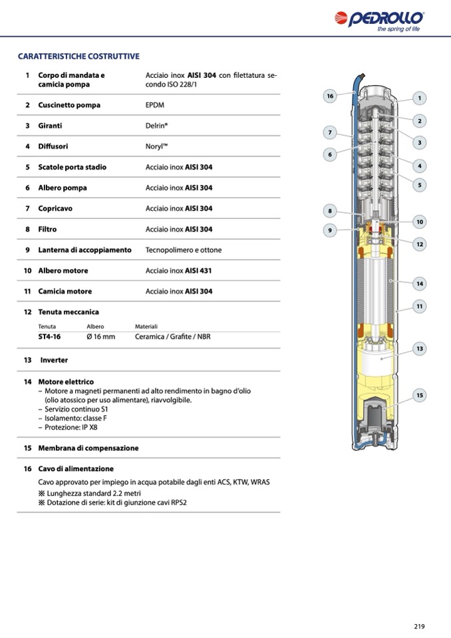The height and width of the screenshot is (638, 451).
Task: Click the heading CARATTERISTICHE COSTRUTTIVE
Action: (x=78, y=57)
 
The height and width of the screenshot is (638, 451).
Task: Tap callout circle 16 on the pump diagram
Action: (x=330, y=96)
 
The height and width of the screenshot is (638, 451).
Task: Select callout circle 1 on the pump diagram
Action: (x=420, y=98)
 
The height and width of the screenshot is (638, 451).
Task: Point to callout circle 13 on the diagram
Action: (x=420, y=348)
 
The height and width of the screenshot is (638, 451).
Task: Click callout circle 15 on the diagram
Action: (x=420, y=395)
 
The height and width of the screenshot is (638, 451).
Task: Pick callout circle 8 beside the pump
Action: (x=330, y=211)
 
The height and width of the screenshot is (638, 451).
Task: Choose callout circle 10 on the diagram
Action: (x=420, y=222)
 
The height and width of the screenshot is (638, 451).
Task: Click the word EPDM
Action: (x=155, y=105)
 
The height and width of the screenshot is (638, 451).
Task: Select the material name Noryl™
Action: (x=157, y=146)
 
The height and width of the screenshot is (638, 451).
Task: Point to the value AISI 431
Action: (x=199, y=271)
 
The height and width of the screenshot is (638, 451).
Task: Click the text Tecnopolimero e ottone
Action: (x=184, y=250)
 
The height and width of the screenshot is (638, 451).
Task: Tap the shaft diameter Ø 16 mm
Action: (x=100, y=337)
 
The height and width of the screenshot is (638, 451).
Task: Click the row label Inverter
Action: (x=54, y=360)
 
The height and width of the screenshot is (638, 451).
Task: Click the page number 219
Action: (x=419, y=626)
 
